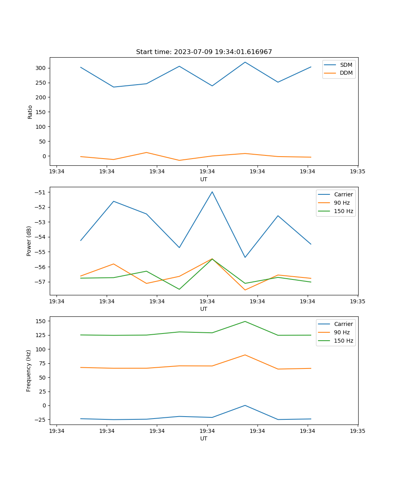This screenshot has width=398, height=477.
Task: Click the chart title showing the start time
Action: [204, 52]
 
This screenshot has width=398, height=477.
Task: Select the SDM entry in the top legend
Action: [346, 65]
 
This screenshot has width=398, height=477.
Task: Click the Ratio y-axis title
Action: [30, 112]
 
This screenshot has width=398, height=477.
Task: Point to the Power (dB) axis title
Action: [29, 241]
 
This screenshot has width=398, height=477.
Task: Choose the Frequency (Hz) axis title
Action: [29, 370]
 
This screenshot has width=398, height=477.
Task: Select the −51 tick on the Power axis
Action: [41, 192]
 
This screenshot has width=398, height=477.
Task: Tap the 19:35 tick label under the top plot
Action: [358, 172]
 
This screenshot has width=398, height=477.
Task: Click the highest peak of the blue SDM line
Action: [245, 62]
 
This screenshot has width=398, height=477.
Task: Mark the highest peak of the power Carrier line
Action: [212, 192]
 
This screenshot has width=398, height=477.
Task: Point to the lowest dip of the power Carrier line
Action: [245, 257]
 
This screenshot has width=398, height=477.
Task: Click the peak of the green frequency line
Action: [245, 321]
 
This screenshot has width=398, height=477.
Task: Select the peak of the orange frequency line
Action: [245, 355]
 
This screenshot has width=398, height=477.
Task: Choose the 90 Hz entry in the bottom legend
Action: [342, 332]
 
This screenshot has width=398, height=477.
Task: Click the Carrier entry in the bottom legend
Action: [343, 324]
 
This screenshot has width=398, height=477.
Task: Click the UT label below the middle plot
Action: [204, 309]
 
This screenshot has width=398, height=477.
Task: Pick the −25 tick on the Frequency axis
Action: [41, 420]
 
